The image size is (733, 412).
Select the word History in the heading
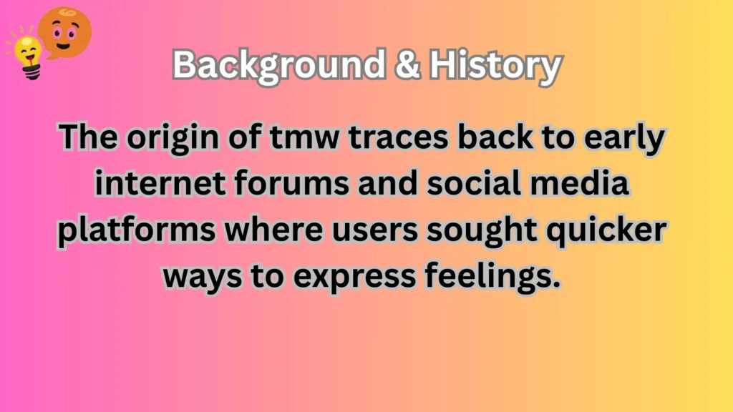click(495, 67)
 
